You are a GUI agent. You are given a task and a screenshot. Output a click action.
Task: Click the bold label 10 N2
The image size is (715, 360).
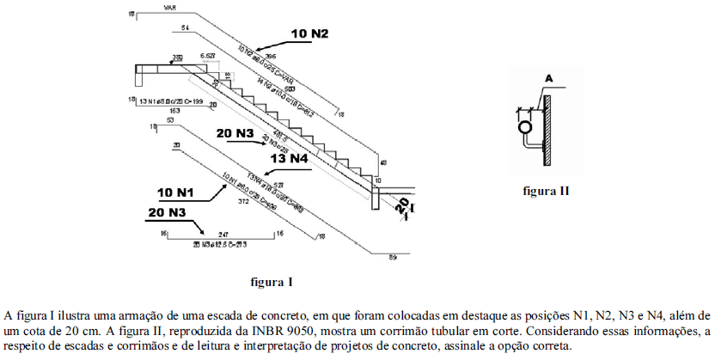[x=310, y=34]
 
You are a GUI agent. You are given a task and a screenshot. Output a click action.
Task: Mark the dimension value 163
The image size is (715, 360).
[x=175, y=111]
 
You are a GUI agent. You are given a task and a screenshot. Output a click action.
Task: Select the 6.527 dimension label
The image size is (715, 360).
[x=208, y=56]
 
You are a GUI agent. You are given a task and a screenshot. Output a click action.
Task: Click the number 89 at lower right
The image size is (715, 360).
[x=393, y=257]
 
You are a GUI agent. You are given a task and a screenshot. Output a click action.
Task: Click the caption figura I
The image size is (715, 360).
[x=272, y=281]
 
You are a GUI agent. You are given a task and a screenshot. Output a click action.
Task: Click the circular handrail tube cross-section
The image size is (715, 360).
[x=522, y=126]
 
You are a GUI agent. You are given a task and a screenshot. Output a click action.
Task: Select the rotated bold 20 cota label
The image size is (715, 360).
[x=401, y=206]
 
